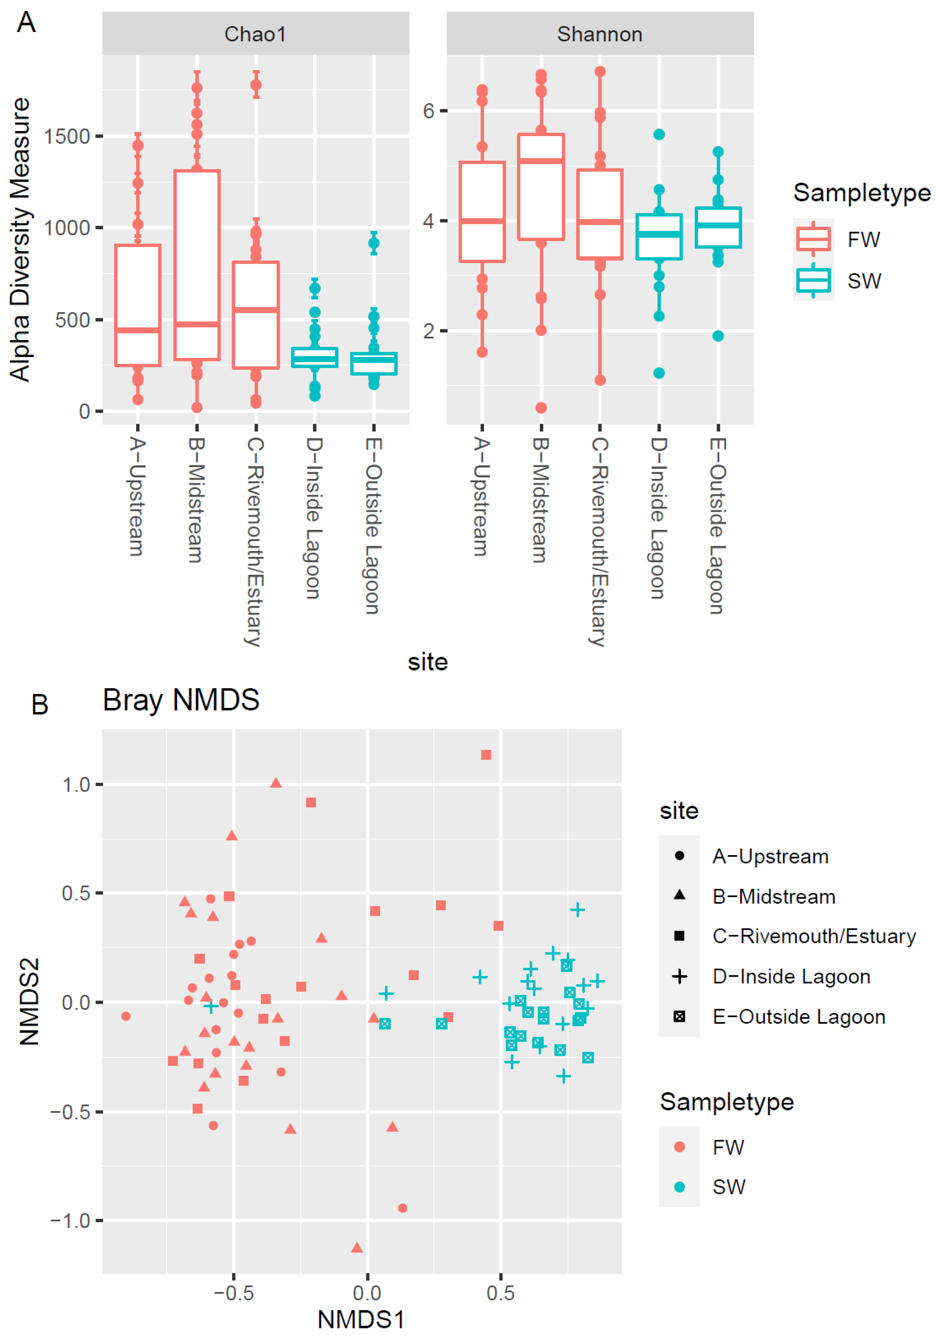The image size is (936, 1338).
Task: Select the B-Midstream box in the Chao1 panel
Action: click(x=197, y=265)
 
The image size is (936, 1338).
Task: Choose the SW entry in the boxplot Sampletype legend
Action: click(x=864, y=281)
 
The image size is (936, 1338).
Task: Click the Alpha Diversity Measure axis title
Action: click(x=20, y=239)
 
